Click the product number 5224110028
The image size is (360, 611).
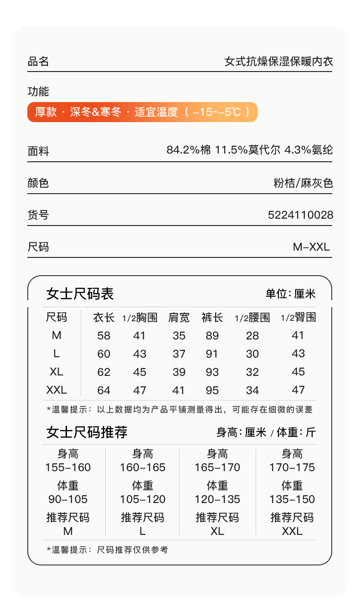(300, 215)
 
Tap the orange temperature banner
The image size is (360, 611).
(142, 112)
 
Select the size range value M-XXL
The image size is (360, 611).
(311, 247)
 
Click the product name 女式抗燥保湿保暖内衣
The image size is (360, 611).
(279, 62)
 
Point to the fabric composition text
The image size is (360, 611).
(250, 150)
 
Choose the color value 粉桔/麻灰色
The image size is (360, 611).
(303, 184)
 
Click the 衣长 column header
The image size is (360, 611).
(104, 318)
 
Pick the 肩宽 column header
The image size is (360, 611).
(179, 318)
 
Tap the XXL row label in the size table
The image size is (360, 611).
(57, 390)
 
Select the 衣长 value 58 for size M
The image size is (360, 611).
(104, 336)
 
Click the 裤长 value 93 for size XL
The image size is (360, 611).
(212, 372)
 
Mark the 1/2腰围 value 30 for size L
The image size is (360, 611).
(252, 354)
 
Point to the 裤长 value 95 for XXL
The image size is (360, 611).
(212, 390)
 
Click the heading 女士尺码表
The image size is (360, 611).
(80, 294)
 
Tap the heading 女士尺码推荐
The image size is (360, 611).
(87, 432)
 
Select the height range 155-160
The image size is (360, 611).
(68, 467)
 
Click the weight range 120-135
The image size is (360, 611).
(217, 499)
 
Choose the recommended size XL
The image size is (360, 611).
(217, 531)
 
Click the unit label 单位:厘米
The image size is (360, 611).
(291, 294)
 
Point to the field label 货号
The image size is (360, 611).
(38, 215)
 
